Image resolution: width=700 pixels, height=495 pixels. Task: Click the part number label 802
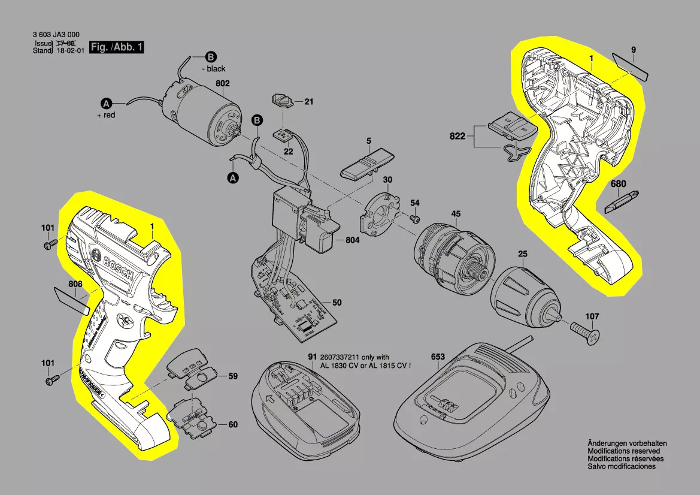coord(223,84)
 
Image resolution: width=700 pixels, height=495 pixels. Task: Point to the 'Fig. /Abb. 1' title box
coord(117,47)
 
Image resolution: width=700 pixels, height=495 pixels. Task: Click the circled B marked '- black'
coord(210,58)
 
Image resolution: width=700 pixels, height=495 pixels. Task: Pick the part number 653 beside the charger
coord(438,357)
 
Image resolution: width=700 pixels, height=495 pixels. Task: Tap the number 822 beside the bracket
coord(457,137)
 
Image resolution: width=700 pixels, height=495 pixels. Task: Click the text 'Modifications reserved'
coord(623,451)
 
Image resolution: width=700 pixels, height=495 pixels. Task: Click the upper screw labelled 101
coord(50,244)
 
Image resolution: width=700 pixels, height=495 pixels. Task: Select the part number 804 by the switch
coord(353,240)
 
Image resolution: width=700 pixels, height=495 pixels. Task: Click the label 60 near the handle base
coord(232,424)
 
